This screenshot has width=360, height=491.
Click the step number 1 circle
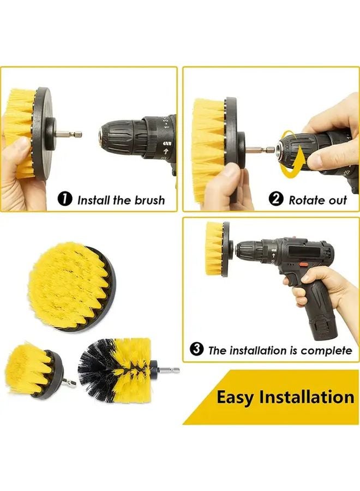pyautogui.click(x=65, y=199)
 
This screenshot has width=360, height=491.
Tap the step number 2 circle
pyautogui.click(x=277, y=199)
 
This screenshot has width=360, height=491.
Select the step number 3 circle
pyautogui.click(x=196, y=349)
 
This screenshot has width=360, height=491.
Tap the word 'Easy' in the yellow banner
pyautogui.click(x=235, y=397)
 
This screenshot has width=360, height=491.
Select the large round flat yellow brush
pyautogui.click(x=71, y=286)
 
